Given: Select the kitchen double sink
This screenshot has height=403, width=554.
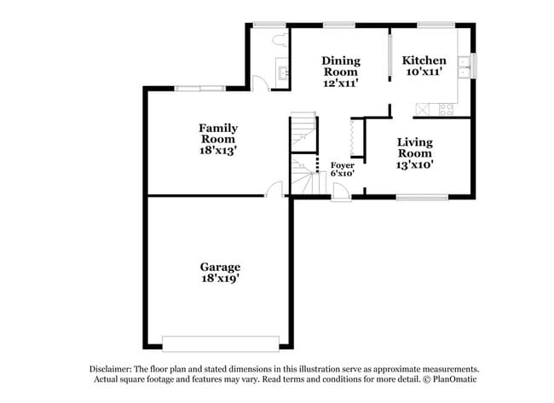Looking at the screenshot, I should [465, 66].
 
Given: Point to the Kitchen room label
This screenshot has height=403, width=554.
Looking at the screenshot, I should [424, 60].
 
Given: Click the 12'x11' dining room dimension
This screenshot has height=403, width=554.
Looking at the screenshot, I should [340, 83].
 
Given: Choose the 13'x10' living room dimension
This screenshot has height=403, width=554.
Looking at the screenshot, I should [415, 165].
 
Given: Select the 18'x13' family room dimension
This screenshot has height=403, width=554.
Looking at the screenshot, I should [217, 150].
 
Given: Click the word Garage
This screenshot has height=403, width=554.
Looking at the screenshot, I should [221, 267].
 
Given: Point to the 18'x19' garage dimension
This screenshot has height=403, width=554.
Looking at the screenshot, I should [221, 279].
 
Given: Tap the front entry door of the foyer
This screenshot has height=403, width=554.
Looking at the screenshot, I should [340, 195].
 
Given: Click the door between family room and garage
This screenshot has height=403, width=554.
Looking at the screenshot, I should [274, 191].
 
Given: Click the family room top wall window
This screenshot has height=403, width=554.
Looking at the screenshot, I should [199, 88].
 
